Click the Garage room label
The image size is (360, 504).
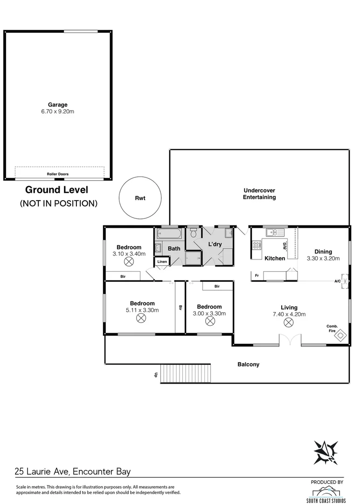57,105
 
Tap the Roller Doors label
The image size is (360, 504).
57,174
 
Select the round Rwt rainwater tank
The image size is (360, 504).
140,198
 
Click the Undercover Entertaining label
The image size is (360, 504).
259,194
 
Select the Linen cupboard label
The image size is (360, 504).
162,262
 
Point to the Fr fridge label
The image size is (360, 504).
256,276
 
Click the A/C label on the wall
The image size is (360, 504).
337,281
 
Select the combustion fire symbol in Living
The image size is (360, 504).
342,335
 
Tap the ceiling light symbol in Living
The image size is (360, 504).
289,322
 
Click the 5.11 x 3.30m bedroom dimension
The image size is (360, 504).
142,310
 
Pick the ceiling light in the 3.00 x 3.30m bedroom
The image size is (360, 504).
209,322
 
